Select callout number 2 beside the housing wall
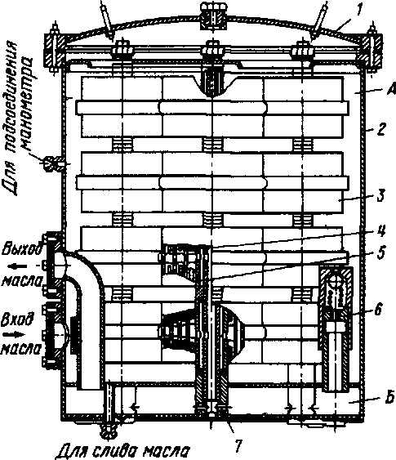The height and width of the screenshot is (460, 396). [x=381, y=129]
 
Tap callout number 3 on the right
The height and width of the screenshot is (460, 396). [x=380, y=195]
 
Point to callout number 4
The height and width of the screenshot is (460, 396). [x=380, y=232]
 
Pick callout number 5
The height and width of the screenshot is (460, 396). [x=380, y=253]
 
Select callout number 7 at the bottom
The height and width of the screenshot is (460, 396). [x=238, y=446]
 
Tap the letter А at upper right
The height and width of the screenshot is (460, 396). [x=391, y=89]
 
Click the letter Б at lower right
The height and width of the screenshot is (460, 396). [x=389, y=399]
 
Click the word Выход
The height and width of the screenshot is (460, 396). [x=21, y=250]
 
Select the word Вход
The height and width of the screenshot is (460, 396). [x=17, y=320]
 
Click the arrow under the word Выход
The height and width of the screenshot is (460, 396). [x=18, y=266]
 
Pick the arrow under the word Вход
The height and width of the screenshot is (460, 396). [x=14, y=334]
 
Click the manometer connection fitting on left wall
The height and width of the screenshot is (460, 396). [x=52, y=163]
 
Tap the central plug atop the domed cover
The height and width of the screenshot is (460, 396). [x=213, y=16]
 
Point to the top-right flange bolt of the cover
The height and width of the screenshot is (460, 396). [x=372, y=48]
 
